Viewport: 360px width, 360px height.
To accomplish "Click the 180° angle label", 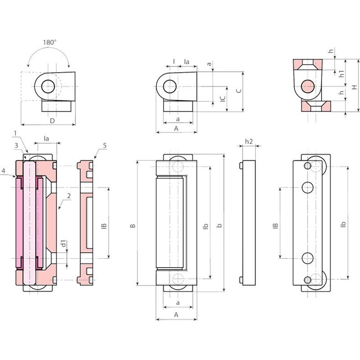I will tap(49, 42).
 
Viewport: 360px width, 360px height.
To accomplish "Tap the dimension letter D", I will tap(52, 120).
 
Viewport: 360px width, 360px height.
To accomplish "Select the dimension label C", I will tap(239, 91).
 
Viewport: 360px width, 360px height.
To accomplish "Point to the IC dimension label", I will tap(223, 99).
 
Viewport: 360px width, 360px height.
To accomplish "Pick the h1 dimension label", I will tap(341, 74).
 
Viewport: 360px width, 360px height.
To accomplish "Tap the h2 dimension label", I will tap(249, 141).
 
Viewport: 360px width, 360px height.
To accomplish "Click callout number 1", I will tap(15, 134).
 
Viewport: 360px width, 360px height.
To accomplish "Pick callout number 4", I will tap(3, 172).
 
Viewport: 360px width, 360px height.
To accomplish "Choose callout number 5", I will tap(105, 146).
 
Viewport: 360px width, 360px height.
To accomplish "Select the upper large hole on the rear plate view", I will tap(307, 187).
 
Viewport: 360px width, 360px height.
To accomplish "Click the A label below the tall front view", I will tap(176, 315).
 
